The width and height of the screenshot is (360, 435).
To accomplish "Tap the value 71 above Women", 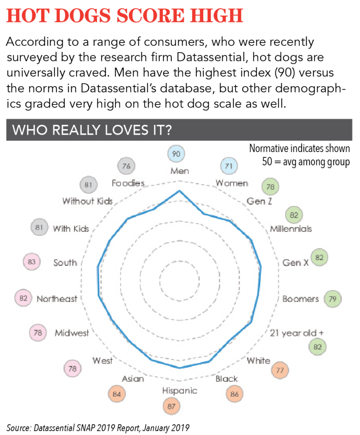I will pyautogui.click(x=229, y=166).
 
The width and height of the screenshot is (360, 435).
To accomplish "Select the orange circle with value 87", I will pyautogui.click(x=171, y=406).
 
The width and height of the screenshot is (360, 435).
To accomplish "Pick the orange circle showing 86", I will pyautogui.click(x=234, y=394).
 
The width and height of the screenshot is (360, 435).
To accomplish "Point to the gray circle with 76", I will pyautogui.click(x=126, y=166).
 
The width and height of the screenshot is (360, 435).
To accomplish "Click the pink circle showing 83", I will pyautogui.click(x=31, y=262).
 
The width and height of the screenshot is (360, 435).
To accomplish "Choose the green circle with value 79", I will pyautogui.click(x=332, y=299).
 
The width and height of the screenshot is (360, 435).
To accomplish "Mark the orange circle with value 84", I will pyautogui.click(x=117, y=394).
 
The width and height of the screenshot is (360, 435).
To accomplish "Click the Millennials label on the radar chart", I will pyautogui.click(x=291, y=229).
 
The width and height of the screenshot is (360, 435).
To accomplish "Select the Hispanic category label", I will pyautogui.click(x=179, y=390).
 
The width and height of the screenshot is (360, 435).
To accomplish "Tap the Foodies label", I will pyautogui.click(x=128, y=184).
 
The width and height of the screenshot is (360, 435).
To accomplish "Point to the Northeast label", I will pyautogui.click(x=57, y=299).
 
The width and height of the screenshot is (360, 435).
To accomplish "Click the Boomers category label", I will pyautogui.click(x=300, y=299).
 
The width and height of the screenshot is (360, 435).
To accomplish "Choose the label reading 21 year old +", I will pyautogui.click(x=300, y=333).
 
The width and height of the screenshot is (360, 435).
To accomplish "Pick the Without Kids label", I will pyautogui.click(x=88, y=201).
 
